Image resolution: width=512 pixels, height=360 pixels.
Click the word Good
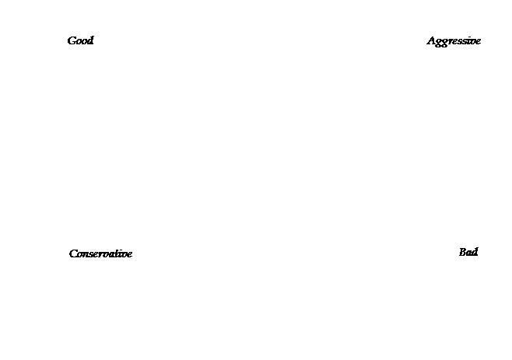point(80,40)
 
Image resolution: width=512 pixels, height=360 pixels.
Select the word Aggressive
point(454,41)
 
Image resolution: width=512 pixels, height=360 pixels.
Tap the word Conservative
point(100,253)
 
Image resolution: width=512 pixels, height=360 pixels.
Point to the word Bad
point(468,252)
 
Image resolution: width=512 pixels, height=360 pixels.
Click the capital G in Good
point(72,40)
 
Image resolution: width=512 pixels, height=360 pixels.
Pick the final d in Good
point(89,40)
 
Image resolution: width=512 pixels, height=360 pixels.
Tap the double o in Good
point(81,42)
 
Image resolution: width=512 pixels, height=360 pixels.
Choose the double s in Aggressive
point(463,42)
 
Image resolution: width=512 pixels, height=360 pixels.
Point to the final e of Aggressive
point(478,42)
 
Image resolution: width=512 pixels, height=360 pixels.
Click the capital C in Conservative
point(73,254)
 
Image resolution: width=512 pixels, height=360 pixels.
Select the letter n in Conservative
point(86,255)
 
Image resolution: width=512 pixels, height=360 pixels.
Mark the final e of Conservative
point(129,255)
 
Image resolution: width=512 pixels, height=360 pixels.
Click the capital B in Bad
point(462,252)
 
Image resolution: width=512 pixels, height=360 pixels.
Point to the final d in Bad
point(475,252)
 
